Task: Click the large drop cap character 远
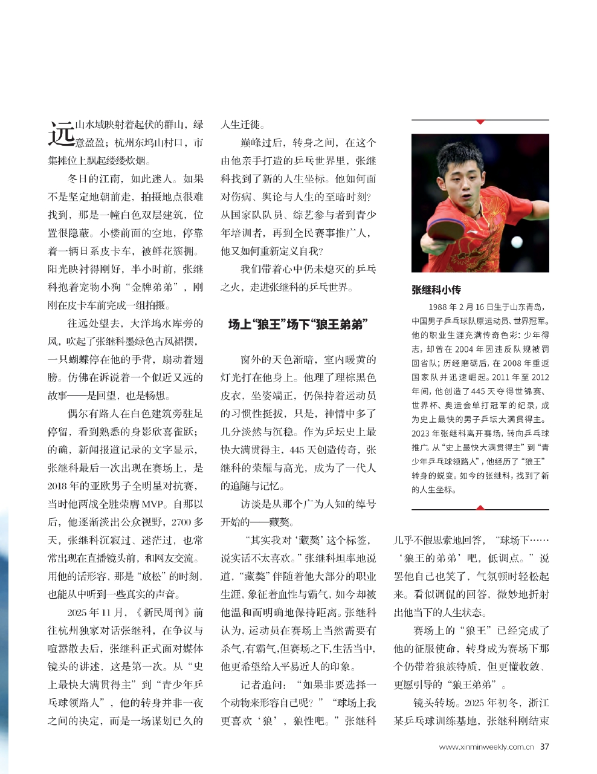(61, 134)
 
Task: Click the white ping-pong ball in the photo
(517, 242)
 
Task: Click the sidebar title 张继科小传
(436, 290)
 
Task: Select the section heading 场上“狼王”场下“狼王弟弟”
(298, 325)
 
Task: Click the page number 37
(544, 747)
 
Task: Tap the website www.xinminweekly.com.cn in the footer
(486, 747)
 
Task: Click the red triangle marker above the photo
(480, 122)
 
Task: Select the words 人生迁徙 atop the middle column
(240, 125)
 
